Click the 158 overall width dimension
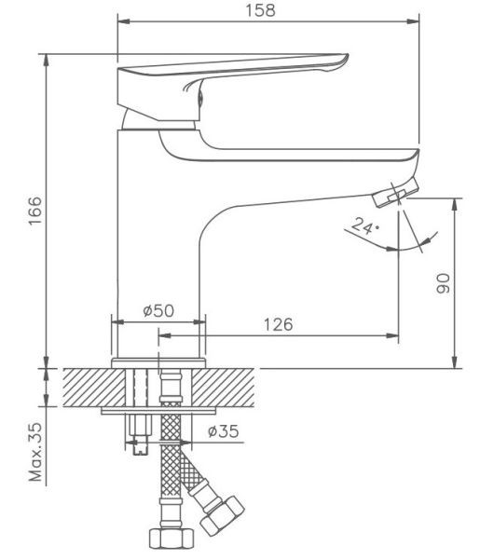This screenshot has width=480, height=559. [260, 10]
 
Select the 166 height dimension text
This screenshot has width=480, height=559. [35, 210]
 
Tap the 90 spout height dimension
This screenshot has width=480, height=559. [444, 283]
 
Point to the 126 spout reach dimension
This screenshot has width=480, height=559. [278, 324]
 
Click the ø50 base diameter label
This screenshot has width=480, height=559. [158, 310]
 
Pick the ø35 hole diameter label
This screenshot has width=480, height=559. [224, 431]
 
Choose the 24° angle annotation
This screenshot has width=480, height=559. [363, 225]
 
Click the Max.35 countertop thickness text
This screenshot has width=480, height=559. [35, 453]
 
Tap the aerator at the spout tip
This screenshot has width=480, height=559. [395, 193]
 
